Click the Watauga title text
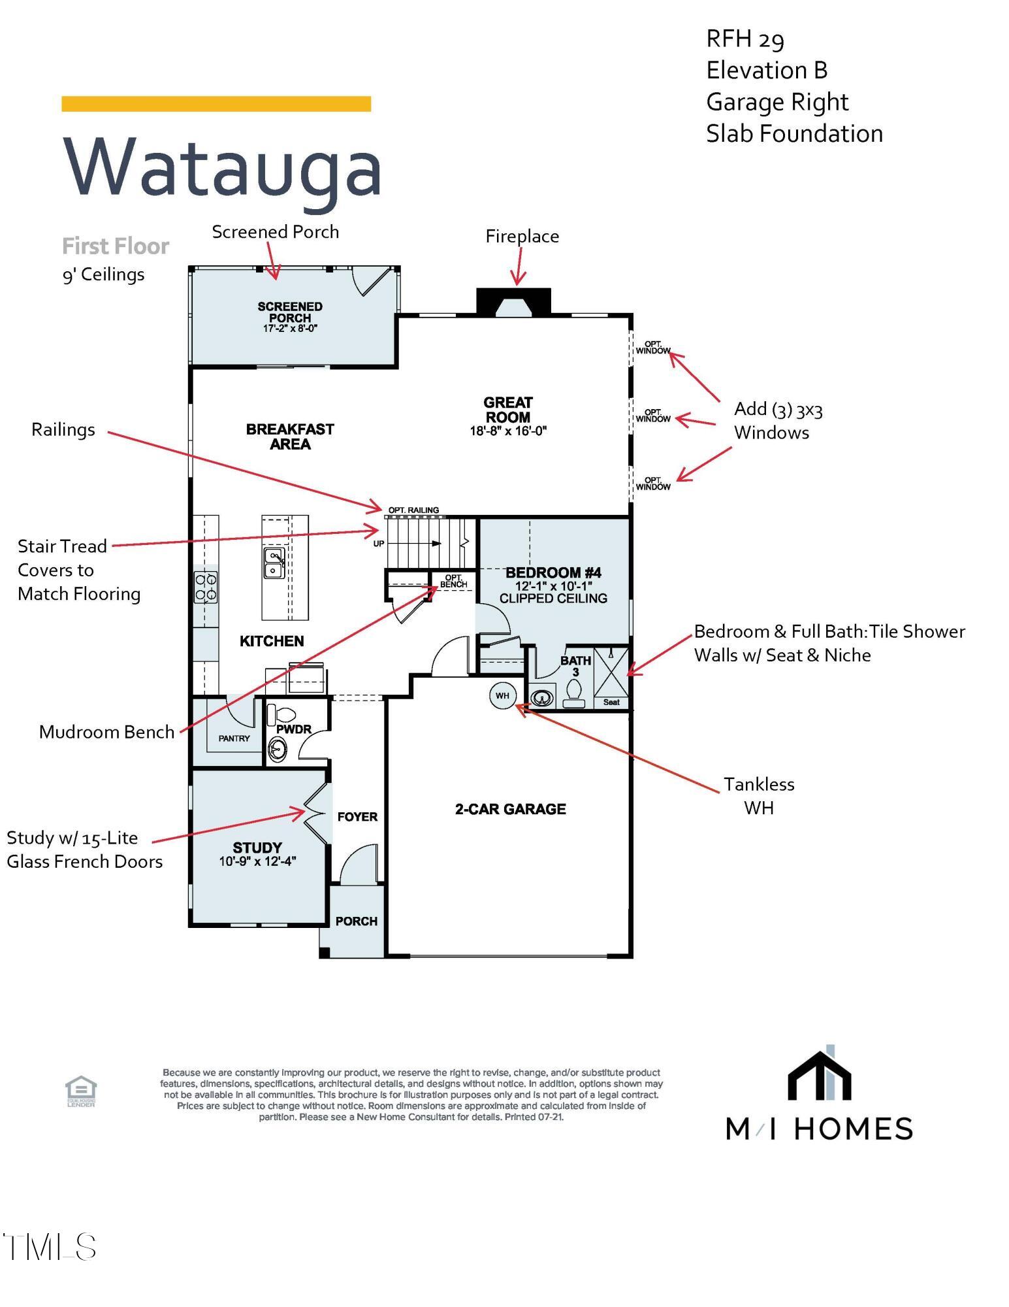222,167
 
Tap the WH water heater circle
502,695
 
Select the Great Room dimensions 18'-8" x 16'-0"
508,431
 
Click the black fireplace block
514,301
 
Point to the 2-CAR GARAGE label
510,809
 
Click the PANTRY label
234,738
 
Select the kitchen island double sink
274,563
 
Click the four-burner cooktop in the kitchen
206,587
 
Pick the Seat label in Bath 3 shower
611,703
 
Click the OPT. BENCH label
453,581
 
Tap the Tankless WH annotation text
759,796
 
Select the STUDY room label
257,848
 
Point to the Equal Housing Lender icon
81,1092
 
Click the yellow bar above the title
216,104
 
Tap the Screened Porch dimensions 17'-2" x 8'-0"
290,329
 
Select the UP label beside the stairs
379,544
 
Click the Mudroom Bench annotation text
106,732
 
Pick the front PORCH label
356,921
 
